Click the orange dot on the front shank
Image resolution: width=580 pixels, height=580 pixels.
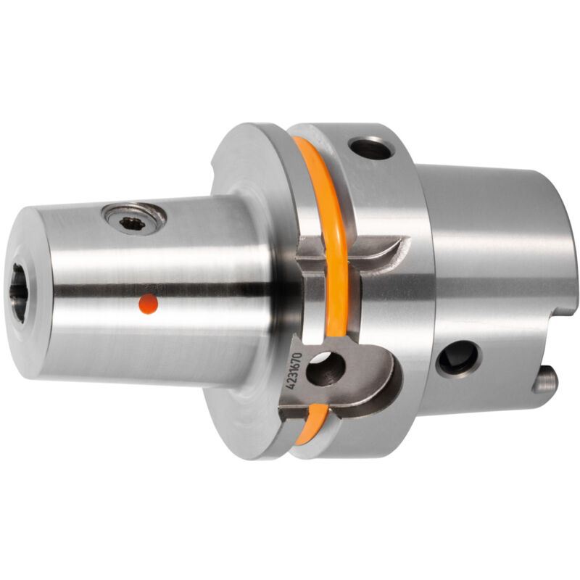149,304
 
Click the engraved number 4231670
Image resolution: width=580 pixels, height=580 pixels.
295,370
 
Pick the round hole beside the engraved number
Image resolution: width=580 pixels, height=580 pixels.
326,369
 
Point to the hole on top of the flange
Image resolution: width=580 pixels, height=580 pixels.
371,149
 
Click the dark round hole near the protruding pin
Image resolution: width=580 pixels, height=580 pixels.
458,359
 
